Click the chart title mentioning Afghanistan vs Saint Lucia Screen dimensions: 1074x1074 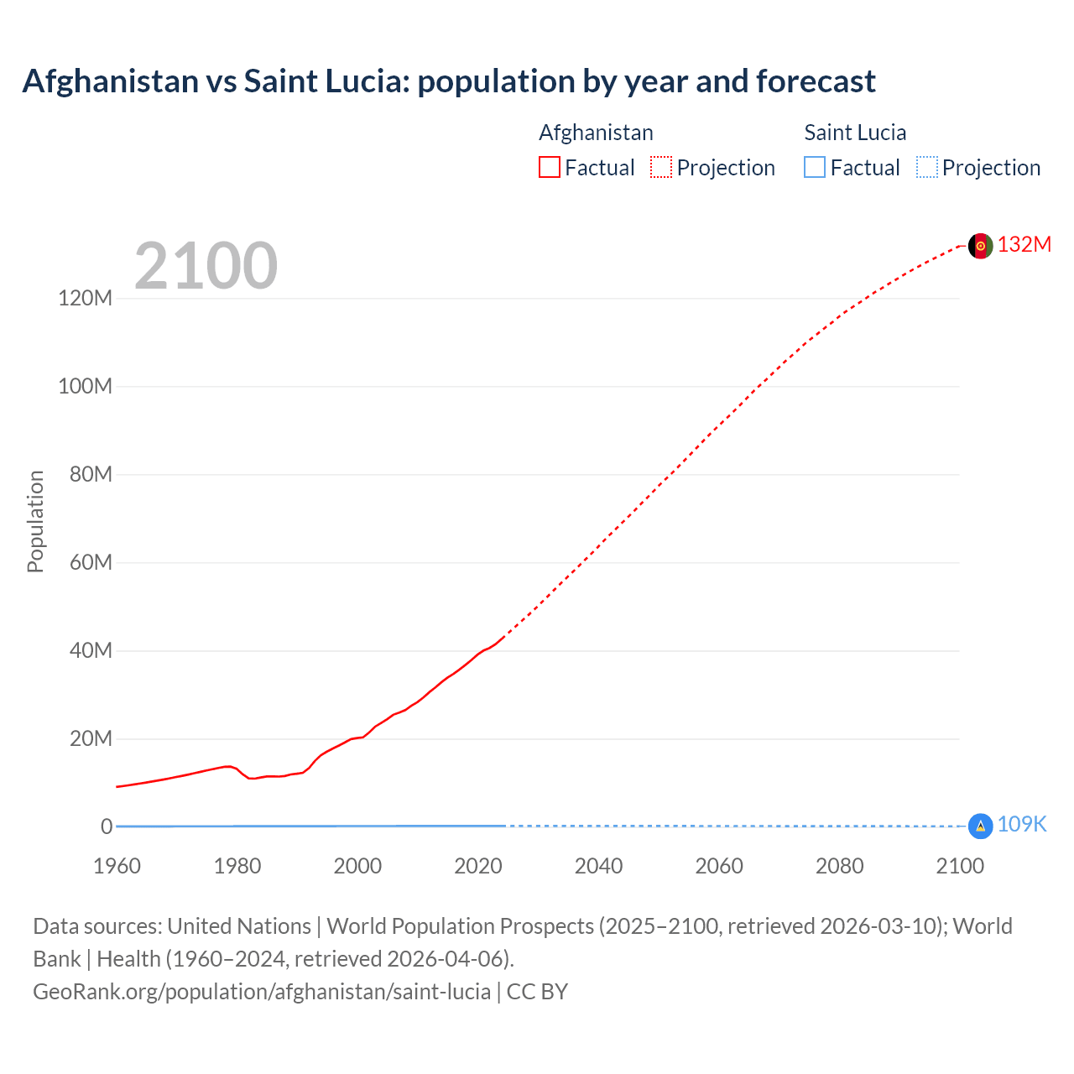pyautogui.click(x=449, y=81)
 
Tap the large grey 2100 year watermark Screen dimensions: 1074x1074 pyautogui.click(x=206, y=266)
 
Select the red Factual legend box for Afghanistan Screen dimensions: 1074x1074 pyautogui.click(x=550, y=168)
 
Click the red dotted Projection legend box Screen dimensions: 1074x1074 pyautogui.click(x=661, y=168)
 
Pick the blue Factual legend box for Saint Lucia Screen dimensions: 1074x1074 pyautogui.click(x=815, y=168)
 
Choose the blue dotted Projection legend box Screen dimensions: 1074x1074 pyautogui.click(x=927, y=168)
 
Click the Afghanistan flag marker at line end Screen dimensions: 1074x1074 pyautogui.click(x=980, y=246)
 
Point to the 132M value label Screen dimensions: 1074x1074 pyautogui.click(x=1024, y=244)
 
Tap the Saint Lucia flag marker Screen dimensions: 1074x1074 pyautogui.click(x=980, y=826)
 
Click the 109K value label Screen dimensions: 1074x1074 pyautogui.click(x=1021, y=824)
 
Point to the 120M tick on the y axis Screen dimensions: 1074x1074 pyautogui.click(x=85, y=298)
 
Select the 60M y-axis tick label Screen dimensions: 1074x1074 pyautogui.click(x=91, y=562)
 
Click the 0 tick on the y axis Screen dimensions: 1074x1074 pyautogui.click(x=107, y=826)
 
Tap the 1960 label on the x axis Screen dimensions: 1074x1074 pyautogui.click(x=117, y=866)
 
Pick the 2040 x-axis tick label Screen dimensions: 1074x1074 pyautogui.click(x=598, y=866)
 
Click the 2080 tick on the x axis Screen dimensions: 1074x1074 pyautogui.click(x=839, y=866)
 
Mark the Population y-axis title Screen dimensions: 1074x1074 pyautogui.click(x=35, y=521)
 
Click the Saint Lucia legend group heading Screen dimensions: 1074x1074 pyautogui.click(x=855, y=133)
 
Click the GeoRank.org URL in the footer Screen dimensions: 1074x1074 pyautogui.click(x=262, y=992)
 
